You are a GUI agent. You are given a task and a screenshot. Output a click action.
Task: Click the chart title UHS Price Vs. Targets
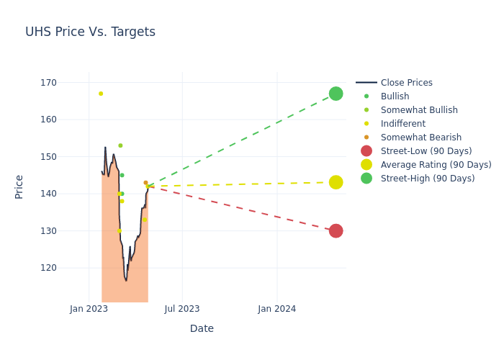90,32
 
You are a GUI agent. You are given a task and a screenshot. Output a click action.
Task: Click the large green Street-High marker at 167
336,94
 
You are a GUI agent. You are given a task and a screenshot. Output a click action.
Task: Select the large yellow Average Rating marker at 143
336,182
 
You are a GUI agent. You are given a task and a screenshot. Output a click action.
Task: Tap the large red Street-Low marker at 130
336,230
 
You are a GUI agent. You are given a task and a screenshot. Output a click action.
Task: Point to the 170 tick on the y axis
48,83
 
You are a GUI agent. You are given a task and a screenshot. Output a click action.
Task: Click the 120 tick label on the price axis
48,268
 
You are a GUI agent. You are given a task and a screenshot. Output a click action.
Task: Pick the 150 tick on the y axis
48,157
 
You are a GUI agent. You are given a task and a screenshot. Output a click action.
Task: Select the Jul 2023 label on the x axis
182,309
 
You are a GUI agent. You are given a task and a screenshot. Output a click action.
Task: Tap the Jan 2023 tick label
89,309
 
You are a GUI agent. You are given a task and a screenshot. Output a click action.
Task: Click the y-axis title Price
19,186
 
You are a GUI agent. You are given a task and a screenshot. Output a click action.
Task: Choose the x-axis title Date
202,328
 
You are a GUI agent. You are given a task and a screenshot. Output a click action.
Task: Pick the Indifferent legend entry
402,124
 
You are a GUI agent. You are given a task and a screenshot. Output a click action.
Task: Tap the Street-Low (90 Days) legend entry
426,151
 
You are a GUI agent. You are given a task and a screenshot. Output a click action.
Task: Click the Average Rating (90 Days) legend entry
436,165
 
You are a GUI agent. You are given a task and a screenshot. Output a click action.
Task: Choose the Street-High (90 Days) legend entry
427,179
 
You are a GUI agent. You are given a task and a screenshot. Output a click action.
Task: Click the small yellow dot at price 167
101,94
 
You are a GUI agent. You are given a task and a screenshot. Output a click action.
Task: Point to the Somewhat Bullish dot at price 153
120,145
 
